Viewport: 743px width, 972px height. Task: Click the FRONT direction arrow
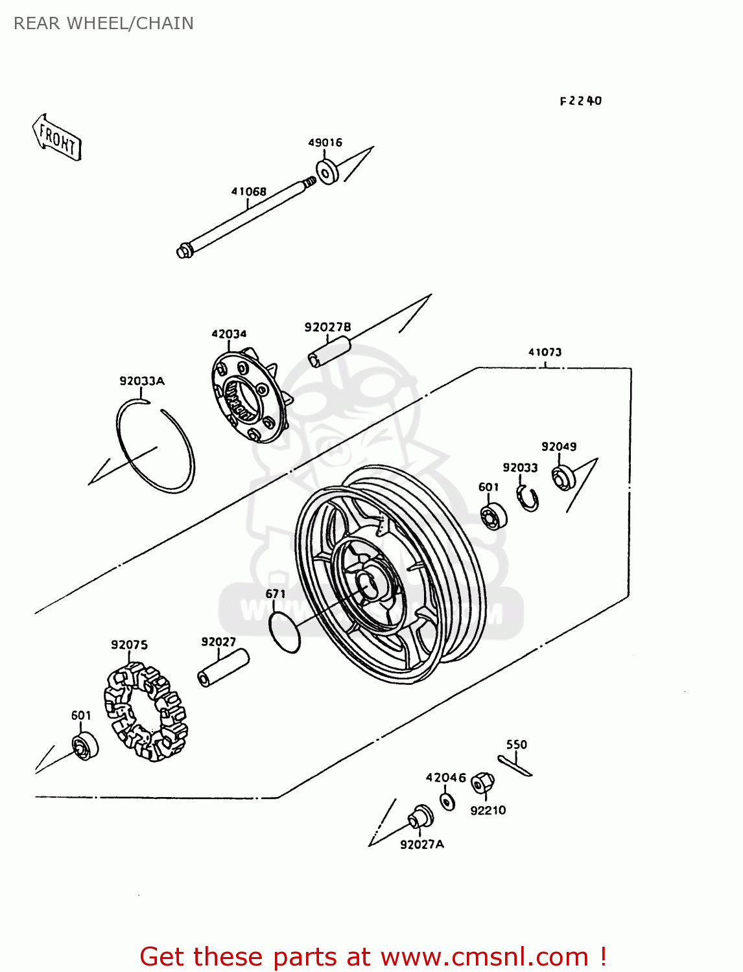coord(57,137)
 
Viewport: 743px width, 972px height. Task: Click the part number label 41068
coord(248,192)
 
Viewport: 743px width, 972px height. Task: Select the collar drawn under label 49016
coord(327,172)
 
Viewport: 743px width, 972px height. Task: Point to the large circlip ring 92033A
coord(156,447)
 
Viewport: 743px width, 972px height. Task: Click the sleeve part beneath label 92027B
coord(329,351)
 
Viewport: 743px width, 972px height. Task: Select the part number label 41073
coord(545,353)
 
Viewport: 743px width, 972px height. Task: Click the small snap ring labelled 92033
coord(528,498)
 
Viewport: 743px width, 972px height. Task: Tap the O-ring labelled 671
coord(285,631)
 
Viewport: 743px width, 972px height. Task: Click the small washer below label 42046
coord(447,801)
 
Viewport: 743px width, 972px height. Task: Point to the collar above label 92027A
coord(420,818)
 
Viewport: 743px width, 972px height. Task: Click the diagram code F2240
coord(580,101)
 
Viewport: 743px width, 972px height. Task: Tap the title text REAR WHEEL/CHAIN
coord(104,23)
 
